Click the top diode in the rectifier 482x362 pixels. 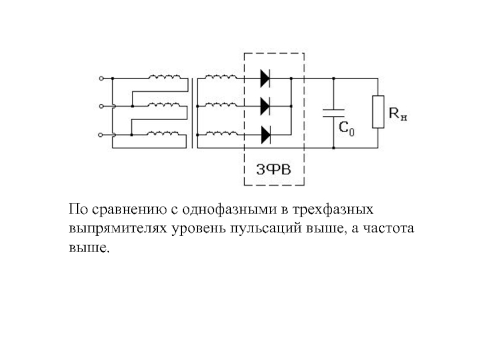265,78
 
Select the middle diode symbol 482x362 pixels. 265,106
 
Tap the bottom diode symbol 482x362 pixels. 266,135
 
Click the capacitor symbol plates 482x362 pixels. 334,113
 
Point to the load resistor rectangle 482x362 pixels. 378,112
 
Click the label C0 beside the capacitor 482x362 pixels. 346,128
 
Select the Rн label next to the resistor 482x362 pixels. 398,113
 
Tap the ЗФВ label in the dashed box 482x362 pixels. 274,170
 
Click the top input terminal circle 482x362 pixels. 101,78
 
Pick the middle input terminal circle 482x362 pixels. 101,106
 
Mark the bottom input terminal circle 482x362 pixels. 100,135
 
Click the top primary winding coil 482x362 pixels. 164,77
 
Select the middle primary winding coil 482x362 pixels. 164,104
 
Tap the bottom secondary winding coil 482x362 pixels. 221,133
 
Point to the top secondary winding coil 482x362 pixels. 221,77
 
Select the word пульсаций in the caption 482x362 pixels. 266,229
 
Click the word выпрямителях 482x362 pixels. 117,229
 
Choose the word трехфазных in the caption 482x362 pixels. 333,209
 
